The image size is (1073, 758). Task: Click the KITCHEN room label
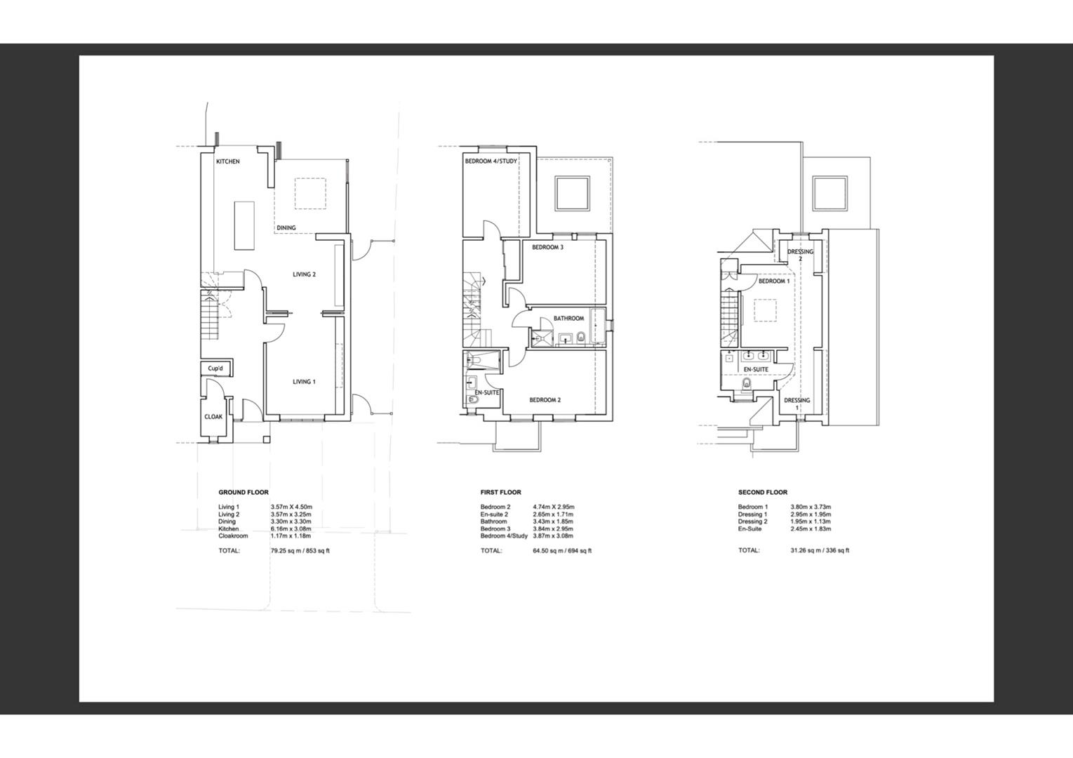tap(227, 161)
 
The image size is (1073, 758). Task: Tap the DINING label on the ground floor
tap(286, 227)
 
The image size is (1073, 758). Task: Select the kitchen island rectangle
tap(244, 226)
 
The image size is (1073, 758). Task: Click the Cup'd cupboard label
tap(215, 368)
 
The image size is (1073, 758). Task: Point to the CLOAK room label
tap(213, 417)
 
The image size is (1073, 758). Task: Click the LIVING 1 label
tap(304, 382)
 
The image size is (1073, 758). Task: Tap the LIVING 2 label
tap(304, 274)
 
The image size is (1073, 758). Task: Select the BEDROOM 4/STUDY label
tap(491, 161)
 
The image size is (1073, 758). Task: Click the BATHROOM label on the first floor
tap(568, 318)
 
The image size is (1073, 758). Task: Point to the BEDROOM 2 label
tap(545, 400)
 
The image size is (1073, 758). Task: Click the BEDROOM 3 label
tap(547, 247)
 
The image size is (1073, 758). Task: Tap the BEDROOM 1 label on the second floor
tap(773, 281)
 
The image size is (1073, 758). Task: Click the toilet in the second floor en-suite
tap(746, 384)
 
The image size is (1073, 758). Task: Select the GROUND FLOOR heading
tap(244, 492)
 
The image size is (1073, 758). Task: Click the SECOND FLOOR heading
tap(763, 492)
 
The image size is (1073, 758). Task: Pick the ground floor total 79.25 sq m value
tap(300, 550)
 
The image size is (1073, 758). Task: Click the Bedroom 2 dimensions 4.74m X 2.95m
tap(554, 507)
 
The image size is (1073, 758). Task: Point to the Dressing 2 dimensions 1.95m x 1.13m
tap(811, 521)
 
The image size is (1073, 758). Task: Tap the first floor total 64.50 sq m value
tap(562, 550)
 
